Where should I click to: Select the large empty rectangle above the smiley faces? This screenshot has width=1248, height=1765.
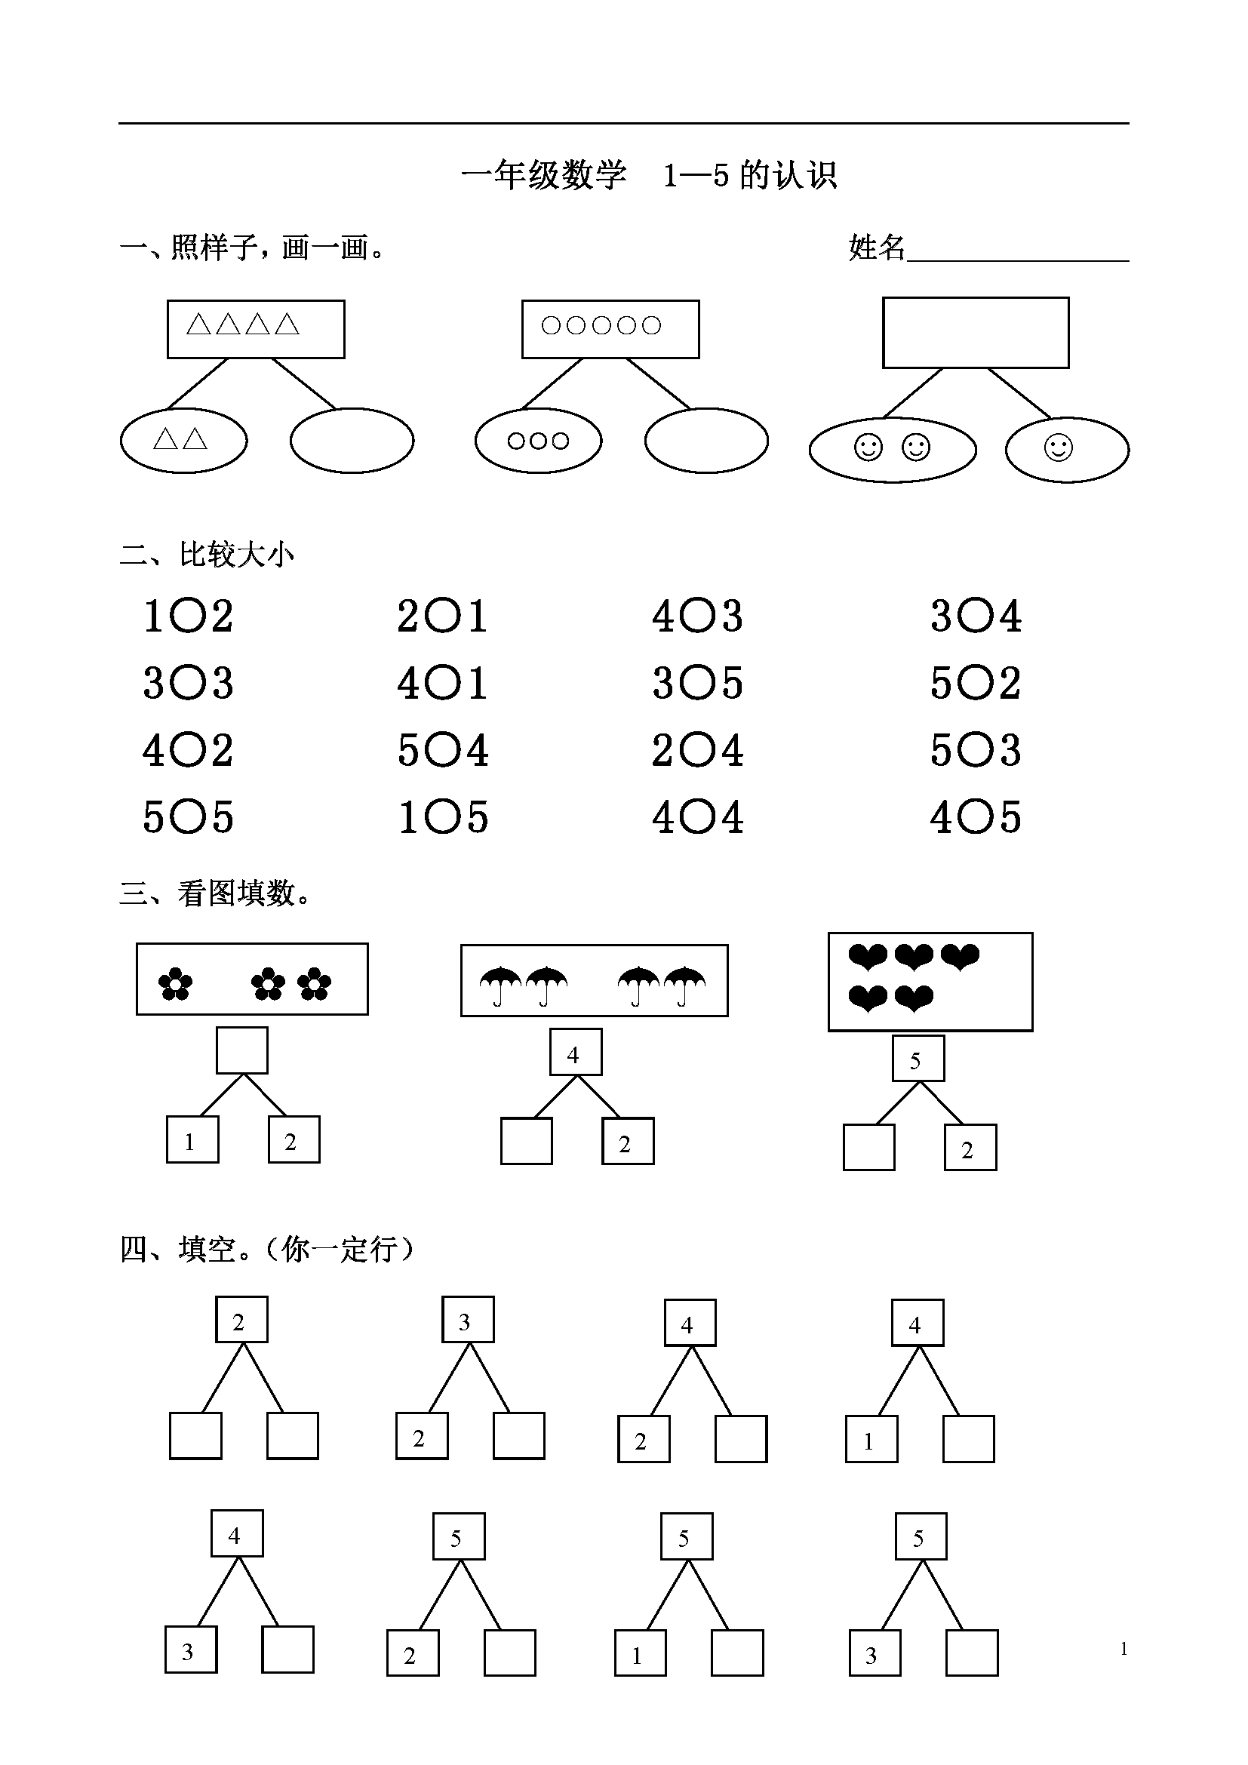(975, 333)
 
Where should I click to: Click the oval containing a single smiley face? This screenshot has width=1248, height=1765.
(1067, 450)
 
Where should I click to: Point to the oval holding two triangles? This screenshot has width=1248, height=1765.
(183, 441)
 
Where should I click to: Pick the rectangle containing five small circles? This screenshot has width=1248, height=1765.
(610, 329)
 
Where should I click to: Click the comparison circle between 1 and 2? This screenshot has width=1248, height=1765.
(188, 617)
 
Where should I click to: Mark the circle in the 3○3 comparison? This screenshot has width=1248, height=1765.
(188, 684)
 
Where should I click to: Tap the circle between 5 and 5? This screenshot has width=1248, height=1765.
(188, 817)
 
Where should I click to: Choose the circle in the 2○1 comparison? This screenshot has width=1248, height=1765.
(442, 617)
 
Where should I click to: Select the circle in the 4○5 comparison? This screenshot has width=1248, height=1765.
(975, 817)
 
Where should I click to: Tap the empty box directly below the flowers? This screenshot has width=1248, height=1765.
(242, 1050)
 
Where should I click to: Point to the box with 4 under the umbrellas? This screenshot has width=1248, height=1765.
(576, 1053)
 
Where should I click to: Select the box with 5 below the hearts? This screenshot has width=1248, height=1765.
(918, 1059)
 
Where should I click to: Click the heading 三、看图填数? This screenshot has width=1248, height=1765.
(216, 893)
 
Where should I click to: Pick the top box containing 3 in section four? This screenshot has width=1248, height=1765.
(467, 1319)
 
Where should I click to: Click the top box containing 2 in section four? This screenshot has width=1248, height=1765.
(241, 1319)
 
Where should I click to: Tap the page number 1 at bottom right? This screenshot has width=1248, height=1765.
(1124, 1648)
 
